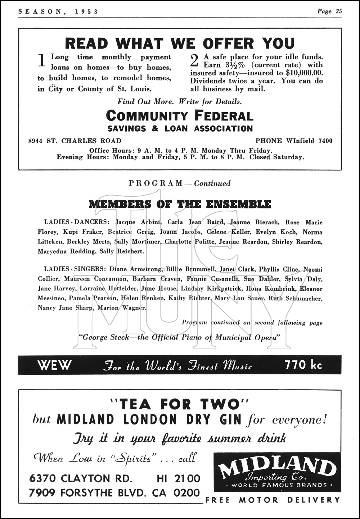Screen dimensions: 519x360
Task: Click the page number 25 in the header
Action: [338, 11]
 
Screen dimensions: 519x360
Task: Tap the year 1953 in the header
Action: [87, 12]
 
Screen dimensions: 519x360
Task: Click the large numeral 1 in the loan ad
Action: [42, 60]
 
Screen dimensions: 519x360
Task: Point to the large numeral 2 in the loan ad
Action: [194, 60]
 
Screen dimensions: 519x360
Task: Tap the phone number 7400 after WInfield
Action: [325, 141]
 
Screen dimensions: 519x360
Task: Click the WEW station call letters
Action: [54, 365]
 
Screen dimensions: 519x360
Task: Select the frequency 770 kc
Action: [303, 365]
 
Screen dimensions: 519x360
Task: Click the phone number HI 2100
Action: [178, 478]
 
